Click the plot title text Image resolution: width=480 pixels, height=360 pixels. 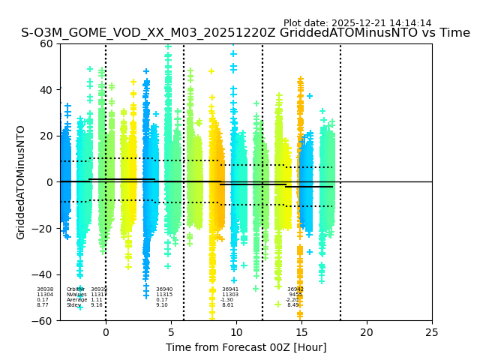[x=245, y=33]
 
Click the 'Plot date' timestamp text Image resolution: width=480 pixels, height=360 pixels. [x=357, y=23]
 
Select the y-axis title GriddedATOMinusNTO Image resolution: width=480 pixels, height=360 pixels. [x=21, y=182]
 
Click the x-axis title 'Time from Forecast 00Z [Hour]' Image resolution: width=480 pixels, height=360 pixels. [x=246, y=347]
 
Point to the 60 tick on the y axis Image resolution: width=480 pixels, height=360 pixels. [x=46, y=43]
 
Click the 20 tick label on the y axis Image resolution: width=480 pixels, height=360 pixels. [x=46, y=136]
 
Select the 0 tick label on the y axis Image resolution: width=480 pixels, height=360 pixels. [x=49, y=182]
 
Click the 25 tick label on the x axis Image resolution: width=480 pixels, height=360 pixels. [x=432, y=331]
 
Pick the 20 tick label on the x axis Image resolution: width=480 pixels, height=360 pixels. [x=367, y=331]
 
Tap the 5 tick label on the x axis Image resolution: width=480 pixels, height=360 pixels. [x=171, y=331]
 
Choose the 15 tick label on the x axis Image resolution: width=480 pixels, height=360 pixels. [x=301, y=331]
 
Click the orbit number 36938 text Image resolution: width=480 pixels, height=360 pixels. [x=45, y=289]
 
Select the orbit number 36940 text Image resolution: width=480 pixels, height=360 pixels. [x=164, y=289]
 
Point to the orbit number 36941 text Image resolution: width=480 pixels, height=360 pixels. [x=230, y=289]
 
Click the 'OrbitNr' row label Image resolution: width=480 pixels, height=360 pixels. [x=75, y=289]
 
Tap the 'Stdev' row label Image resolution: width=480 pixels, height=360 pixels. [x=73, y=305]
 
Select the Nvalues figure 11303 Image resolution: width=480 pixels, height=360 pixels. [x=230, y=295]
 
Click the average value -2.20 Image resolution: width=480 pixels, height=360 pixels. [x=292, y=300]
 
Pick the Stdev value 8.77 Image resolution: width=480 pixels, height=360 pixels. [x=43, y=305]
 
